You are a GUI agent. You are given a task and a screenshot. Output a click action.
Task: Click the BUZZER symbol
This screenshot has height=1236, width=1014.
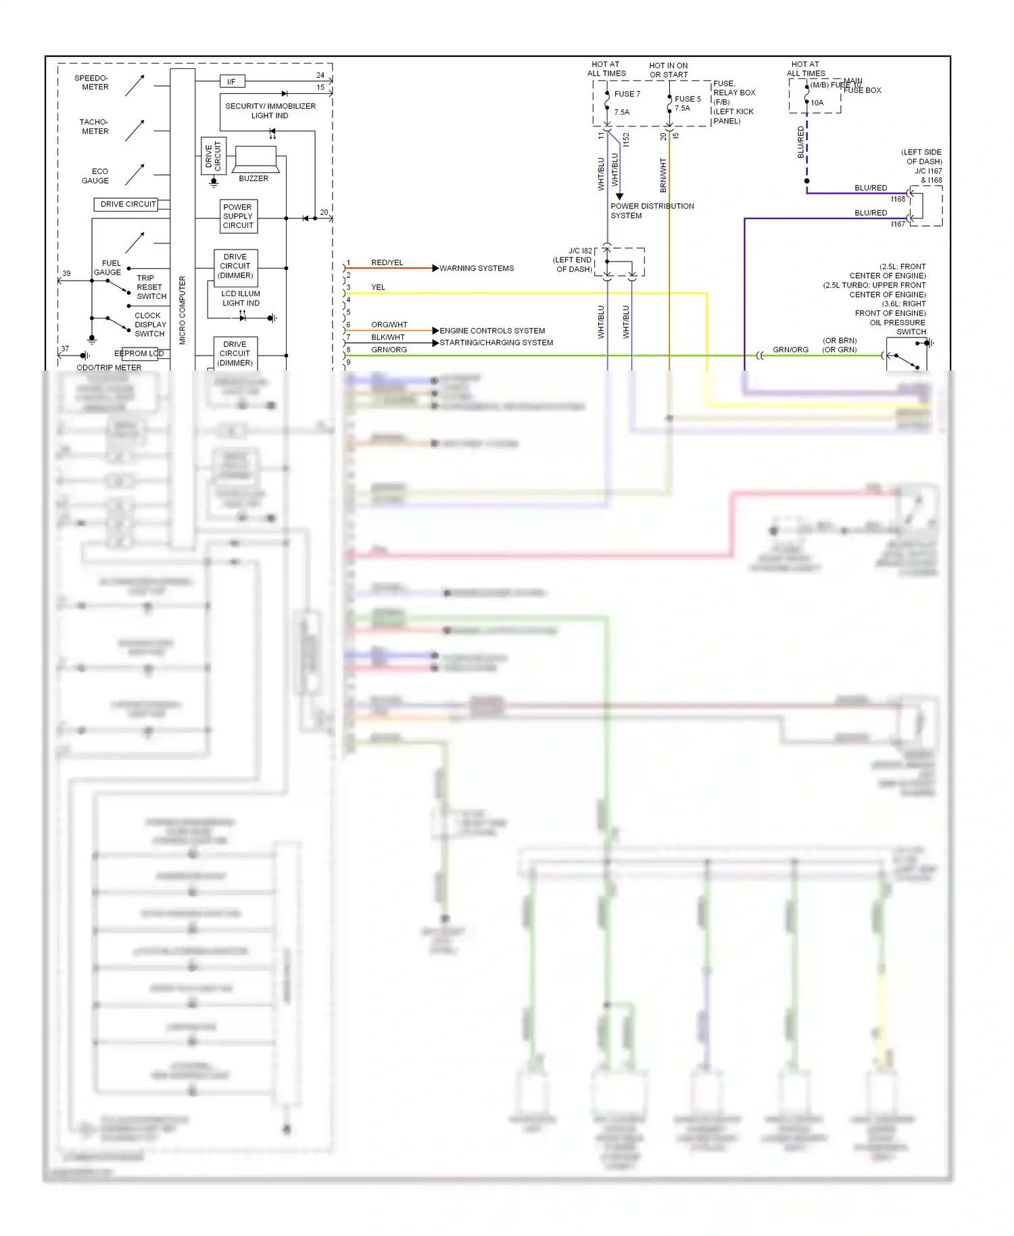tap(255, 160)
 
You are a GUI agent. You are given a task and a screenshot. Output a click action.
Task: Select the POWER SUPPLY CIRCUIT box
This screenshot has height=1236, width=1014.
tap(238, 216)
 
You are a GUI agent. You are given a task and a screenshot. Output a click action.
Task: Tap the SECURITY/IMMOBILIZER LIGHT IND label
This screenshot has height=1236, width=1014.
tap(270, 111)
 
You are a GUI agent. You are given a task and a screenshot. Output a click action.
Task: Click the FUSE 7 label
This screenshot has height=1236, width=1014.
tap(627, 94)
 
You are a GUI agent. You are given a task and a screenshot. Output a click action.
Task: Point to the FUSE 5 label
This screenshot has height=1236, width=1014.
tap(687, 99)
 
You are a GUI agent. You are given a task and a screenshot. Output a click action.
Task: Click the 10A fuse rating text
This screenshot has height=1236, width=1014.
tap(817, 103)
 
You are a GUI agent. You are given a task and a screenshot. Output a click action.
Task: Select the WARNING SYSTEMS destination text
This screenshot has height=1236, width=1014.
tap(477, 268)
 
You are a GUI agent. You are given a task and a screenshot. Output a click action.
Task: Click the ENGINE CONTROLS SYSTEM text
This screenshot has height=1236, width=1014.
tap(492, 331)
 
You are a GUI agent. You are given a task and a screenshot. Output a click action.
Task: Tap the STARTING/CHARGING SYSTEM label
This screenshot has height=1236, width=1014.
tap(496, 343)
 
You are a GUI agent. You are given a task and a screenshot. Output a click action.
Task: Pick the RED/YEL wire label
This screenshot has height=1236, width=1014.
tap(387, 262)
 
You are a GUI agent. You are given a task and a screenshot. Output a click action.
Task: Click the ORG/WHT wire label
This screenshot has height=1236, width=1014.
tap(389, 325)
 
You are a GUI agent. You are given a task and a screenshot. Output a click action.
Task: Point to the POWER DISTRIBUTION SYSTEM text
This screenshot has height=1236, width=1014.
tap(652, 211)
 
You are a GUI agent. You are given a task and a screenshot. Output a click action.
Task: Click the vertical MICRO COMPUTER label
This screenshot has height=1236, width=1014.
tap(183, 310)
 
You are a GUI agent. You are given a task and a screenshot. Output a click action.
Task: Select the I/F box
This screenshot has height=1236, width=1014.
tap(232, 82)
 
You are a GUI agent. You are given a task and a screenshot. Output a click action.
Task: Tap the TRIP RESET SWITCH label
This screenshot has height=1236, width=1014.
tap(151, 287)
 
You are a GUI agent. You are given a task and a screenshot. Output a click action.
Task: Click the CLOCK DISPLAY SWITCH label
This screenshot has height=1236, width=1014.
tap(149, 325)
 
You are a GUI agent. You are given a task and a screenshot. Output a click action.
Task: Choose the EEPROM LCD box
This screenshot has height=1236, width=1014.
tap(139, 354)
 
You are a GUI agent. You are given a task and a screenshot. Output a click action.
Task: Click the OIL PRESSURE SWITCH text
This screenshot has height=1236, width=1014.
tap(898, 327)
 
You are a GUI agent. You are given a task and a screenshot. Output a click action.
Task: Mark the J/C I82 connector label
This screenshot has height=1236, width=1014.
tap(579, 251)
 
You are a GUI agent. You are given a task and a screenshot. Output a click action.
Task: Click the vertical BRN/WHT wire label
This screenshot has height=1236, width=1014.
tap(663, 175)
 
